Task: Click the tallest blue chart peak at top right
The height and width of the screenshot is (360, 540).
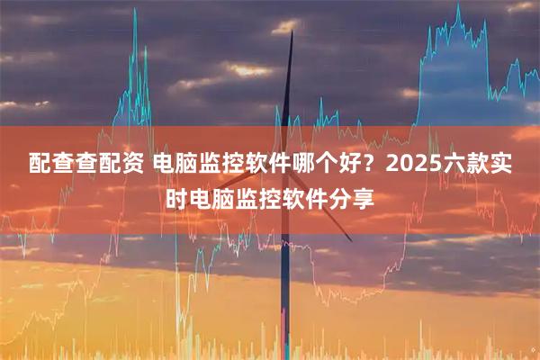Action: point(457,11)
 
